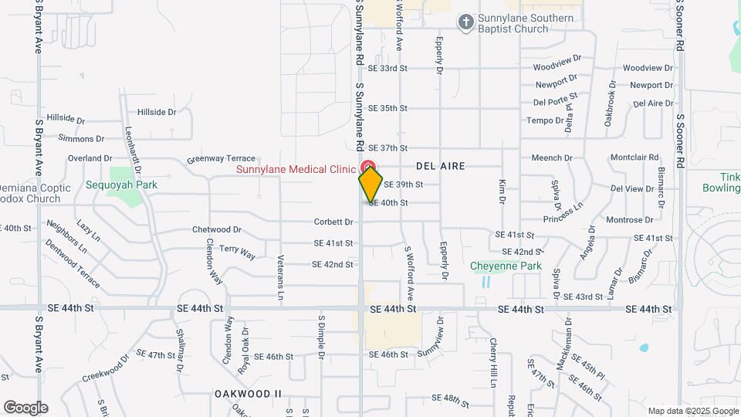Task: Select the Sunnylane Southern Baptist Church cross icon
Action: coord(465,22)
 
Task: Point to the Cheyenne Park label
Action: coord(506,266)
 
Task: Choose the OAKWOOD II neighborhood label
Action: coord(248,394)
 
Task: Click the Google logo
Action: coord(25,408)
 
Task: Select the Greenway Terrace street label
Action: coord(221,160)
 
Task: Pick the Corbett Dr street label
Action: coord(333,222)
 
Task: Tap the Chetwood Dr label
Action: coord(217,229)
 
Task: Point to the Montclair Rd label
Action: coord(634,158)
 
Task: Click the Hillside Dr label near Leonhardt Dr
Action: coord(157,112)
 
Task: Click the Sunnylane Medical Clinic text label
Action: coord(296,168)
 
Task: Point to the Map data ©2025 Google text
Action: coord(692,411)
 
